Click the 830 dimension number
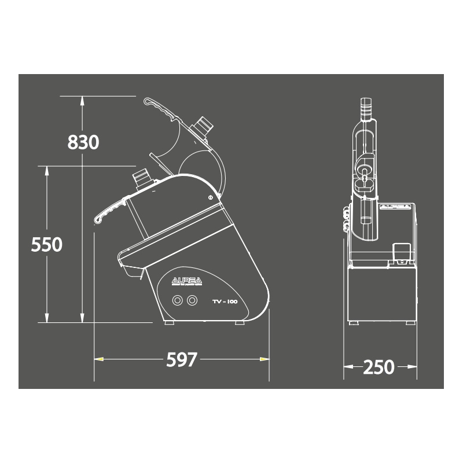click(x=83, y=142)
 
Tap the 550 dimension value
click(x=47, y=244)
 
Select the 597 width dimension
click(x=182, y=359)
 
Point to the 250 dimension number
click(x=379, y=368)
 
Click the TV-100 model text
click(x=225, y=302)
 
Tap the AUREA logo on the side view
click(x=186, y=282)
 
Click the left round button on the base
click(x=177, y=300)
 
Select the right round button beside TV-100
click(x=192, y=300)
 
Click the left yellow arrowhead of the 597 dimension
click(x=98, y=359)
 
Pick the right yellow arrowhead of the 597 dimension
click(x=264, y=359)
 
